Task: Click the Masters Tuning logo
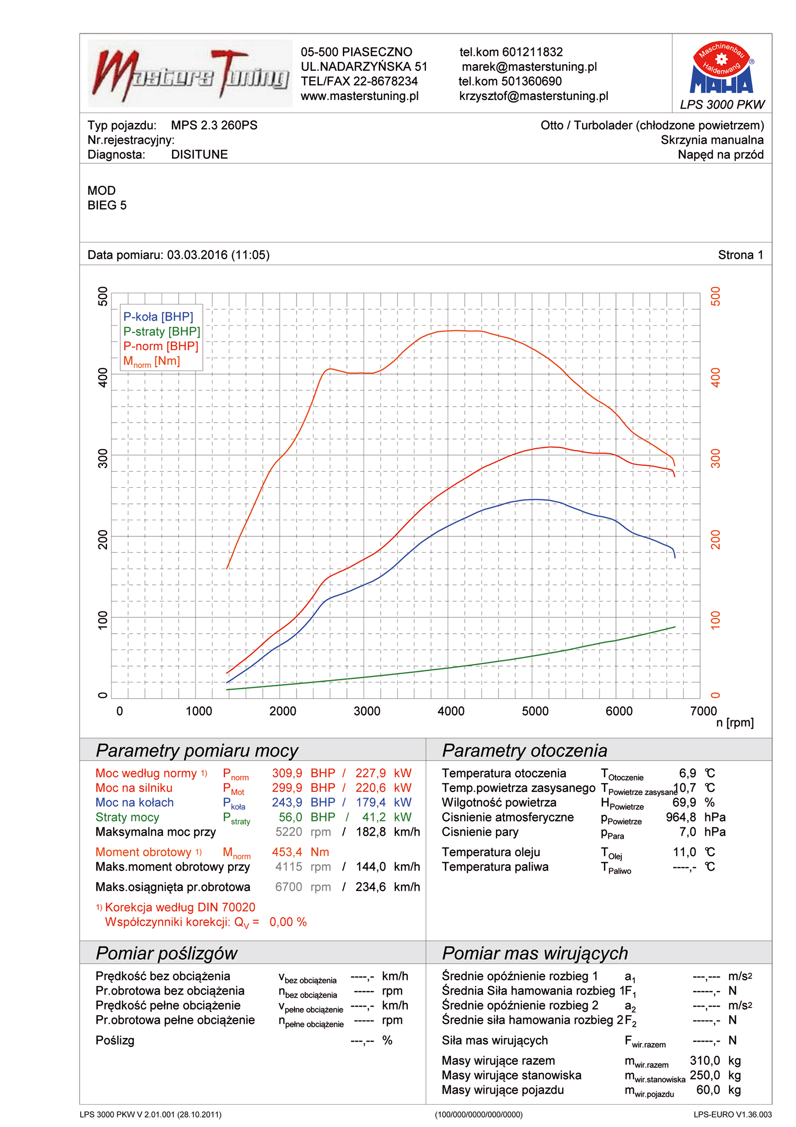pyautogui.click(x=190, y=74)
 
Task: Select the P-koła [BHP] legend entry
pyautogui.click(x=158, y=317)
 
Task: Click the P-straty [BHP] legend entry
pyautogui.click(x=162, y=332)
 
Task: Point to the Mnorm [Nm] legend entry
pyautogui.click(x=151, y=361)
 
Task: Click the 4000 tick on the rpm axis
pyautogui.click(x=451, y=711)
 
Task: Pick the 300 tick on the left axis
pyautogui.click(x=103, y=458)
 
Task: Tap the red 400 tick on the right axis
pyautogui.click(x=715, y=377)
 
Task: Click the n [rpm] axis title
pyautogui.click(x=734, y=722)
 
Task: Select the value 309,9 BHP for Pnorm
pyautogui.click(x=287, y=773)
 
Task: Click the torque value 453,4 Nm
pyautogui.click(x=287, y=852)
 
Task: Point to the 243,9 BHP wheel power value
pyautogui.click(x=287, y=802)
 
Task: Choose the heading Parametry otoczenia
pyautogui.click(x=524, y=750)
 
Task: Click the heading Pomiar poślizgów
pyautogui.click(x=166, y=953)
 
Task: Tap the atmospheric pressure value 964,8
pyautogui.click(x=681, y=817)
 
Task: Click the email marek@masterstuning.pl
pyautogui.click(x=529, y=67)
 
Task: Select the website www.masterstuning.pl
pyautogui.click(x=359, y=96)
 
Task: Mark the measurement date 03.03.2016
pyautogui.click(x=197, y=255)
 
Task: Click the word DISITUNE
pyautogui.click(x=199, y=154)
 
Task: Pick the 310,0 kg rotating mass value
pyautogui.click(x=704, y=1060)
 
